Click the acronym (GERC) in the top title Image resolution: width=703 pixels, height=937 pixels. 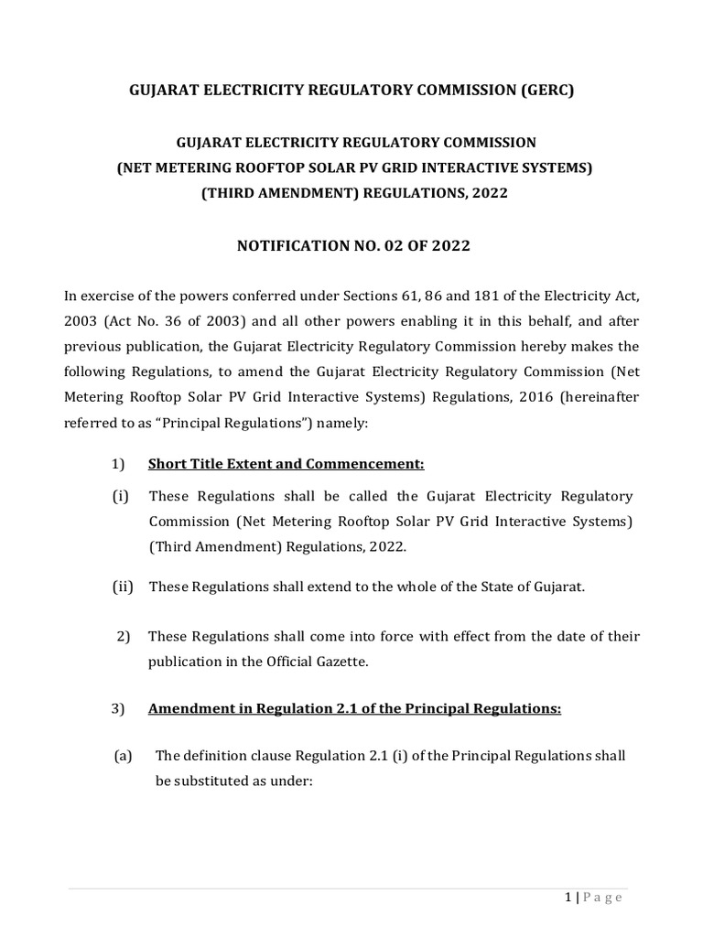(539, 92)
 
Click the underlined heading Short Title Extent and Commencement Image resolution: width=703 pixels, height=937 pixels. (286, 464)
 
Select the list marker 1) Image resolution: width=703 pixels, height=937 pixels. (118, 464)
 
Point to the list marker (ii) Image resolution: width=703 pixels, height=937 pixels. (123, 587)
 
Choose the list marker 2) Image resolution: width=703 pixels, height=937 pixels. (125, 636)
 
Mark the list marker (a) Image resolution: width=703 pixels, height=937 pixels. (123, 756)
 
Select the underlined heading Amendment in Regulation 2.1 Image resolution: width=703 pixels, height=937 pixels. (354, 709)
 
